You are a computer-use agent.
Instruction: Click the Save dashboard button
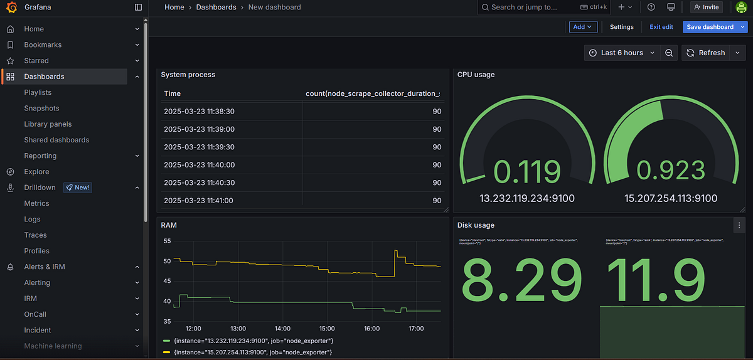point(710,27)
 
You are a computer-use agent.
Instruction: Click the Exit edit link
point(661,27)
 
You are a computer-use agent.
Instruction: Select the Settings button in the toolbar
point(621,27)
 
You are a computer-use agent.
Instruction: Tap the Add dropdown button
point(583,27)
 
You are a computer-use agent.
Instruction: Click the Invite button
point(706,7)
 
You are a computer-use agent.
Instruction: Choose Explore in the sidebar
point(36,171)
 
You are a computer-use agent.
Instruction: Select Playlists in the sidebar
point(38,92)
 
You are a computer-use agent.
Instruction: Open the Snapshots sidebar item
point(41,108)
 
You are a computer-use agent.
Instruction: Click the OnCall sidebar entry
point(35,314)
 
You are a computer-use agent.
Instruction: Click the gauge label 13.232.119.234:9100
point(526,198)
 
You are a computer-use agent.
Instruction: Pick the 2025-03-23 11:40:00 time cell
point(199,165)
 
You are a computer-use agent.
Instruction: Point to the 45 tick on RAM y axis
point(166,281)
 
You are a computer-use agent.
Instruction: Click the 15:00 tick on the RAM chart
point(328,328)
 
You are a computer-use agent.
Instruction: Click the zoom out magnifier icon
point(669,53)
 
